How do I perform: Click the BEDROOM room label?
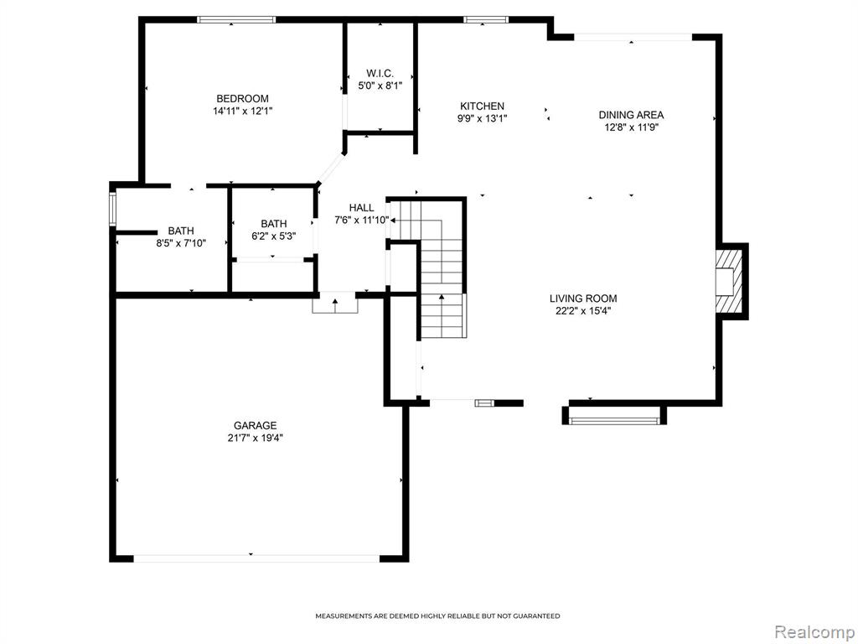242,99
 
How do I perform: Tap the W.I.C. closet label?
380,74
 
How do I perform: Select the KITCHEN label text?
482,106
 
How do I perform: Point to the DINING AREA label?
631,115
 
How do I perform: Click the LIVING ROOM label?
583,299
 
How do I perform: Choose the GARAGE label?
255,425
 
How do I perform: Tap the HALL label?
362,208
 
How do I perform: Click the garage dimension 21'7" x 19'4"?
255,438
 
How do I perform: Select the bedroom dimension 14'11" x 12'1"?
242,112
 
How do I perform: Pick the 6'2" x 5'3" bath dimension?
274,236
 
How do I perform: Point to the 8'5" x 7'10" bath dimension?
181,243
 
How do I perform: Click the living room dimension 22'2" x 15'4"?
583,311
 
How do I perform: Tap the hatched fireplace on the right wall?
729,282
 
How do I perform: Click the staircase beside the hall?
432,268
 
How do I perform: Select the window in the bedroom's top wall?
236,20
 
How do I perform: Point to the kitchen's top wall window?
486,20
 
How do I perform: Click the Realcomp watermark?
813,632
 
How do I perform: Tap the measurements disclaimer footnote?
437,616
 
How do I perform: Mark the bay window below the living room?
614,421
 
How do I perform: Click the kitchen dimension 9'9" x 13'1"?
482,118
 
